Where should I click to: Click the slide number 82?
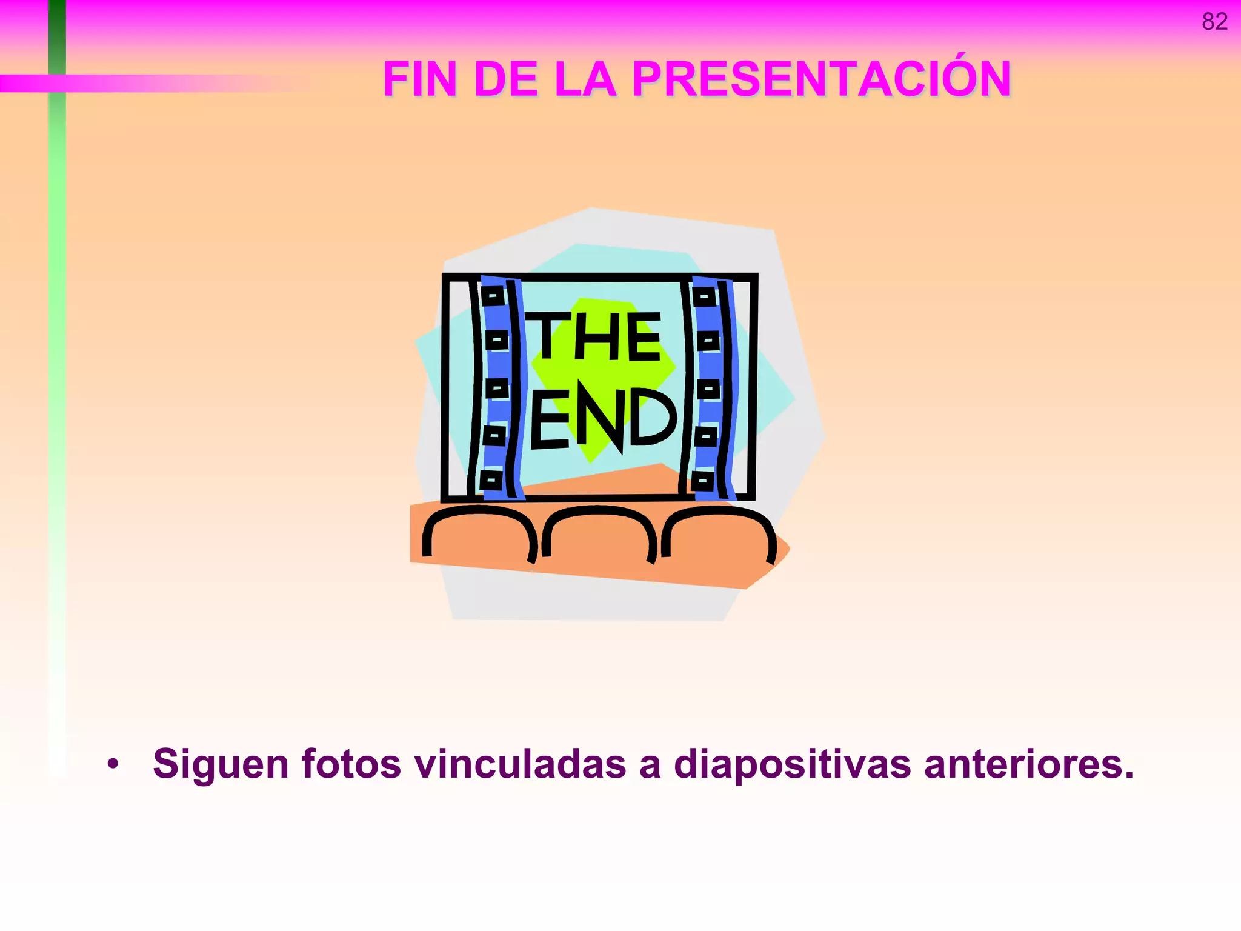point(1214,22)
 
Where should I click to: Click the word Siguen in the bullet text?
point(221,764)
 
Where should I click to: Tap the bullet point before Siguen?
point(113,764)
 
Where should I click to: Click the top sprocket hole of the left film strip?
point(493,296)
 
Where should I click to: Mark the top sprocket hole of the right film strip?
point(704,297)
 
